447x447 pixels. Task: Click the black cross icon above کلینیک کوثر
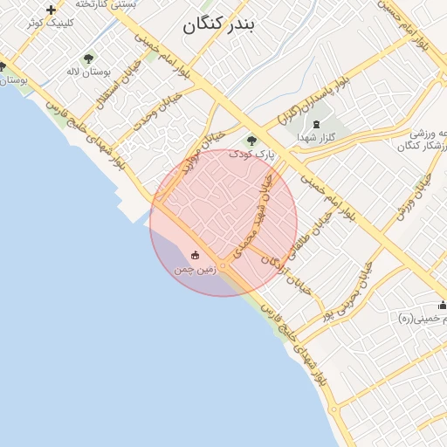pyautogui.click(x=51, y=10)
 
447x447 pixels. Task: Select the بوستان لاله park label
pyautogui.click(x=86, y=71)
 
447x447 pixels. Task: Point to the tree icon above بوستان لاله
pyautogui.click(x=87, y=58)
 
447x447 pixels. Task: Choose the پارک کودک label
pyautogui.click(x=251, y=153)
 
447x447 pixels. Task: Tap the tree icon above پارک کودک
pyautogui.click(x=251, y=141)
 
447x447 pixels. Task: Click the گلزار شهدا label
pyautogui.click(x=316, y=137)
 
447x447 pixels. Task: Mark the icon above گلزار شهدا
pyautogui.click(x=316, y=125)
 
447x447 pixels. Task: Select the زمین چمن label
pyautogui.click(x=195, y=270)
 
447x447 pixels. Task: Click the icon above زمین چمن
pyautogui.click(x=195, y=256)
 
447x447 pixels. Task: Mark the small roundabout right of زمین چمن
pyautogui.click(x=224, y=265)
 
